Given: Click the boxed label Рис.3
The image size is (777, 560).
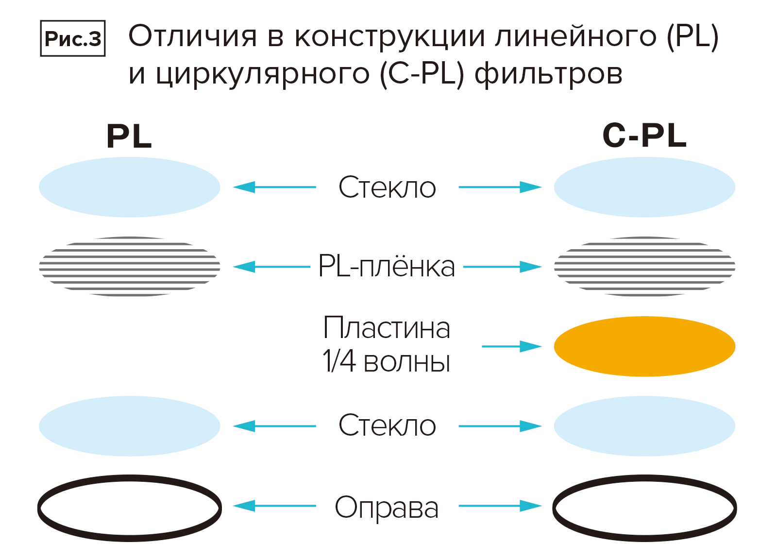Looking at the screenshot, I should [72, 38].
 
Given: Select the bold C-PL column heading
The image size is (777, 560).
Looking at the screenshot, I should [644, 136].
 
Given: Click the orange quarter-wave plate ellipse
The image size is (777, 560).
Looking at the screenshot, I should [644, 346].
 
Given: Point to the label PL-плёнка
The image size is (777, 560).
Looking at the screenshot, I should [387, 267].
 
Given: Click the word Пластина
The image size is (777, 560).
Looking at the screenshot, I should [387, 328].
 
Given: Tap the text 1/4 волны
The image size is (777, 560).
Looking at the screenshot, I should [387, 362].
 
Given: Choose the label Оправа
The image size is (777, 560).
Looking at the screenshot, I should [387, 508].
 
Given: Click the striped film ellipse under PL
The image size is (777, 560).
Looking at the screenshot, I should [129, 267].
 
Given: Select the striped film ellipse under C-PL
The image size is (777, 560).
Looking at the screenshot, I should [644, 267].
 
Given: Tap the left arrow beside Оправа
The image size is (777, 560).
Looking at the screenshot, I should [274, 506].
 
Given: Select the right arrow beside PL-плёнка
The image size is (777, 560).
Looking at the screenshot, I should [502, 267].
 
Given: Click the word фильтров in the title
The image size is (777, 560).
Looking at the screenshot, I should [548, 74].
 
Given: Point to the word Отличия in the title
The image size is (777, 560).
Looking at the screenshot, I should [192, 36].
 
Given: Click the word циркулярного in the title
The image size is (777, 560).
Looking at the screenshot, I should [262, 74].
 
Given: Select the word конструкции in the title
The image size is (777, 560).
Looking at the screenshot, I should [389, 36].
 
